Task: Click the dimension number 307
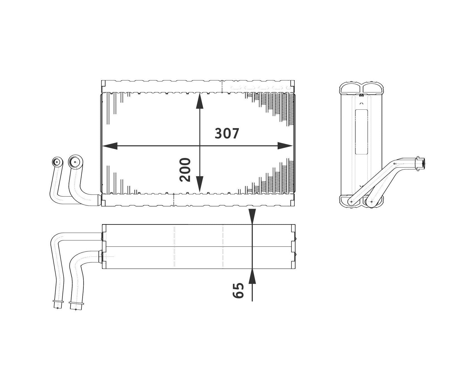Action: [227, 134]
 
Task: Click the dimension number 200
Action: [185, 170]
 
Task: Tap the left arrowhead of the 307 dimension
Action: [110, 146]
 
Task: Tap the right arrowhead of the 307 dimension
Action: [285, 146]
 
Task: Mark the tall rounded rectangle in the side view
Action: [361, 131]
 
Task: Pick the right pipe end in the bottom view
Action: [75, 306]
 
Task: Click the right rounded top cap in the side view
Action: [373, 88]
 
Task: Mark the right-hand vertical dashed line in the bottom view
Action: [223, 246]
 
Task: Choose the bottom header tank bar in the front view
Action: [198, 200]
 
